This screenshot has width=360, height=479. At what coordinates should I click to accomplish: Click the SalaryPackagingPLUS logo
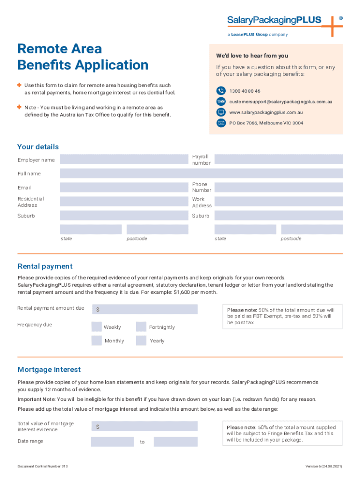(281, 21)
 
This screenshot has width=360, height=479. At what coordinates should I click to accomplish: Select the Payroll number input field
(278, 160)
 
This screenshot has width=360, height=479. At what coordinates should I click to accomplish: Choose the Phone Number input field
(278, 188)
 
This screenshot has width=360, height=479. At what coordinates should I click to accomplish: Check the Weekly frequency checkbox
(96, 327)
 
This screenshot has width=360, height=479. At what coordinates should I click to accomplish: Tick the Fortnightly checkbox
(141, 327)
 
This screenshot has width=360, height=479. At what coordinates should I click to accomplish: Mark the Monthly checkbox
(96, 341)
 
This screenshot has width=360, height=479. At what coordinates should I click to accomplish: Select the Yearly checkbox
(141, 341)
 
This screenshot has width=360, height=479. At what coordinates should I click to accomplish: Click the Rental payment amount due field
(144, 309)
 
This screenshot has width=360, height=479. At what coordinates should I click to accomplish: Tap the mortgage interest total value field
(144, 426)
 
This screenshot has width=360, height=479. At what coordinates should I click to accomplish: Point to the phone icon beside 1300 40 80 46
(221, 91)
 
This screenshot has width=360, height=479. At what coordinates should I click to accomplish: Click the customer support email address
(281, 102)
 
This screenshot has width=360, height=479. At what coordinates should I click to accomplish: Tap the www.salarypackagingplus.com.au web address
(266, 112)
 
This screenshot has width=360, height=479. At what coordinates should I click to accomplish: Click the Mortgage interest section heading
(49, 370)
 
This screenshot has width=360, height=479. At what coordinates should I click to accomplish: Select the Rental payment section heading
(45, 266)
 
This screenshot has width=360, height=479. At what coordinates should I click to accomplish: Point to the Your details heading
(38, 147)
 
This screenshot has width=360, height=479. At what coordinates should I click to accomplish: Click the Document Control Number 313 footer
(43, 466)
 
